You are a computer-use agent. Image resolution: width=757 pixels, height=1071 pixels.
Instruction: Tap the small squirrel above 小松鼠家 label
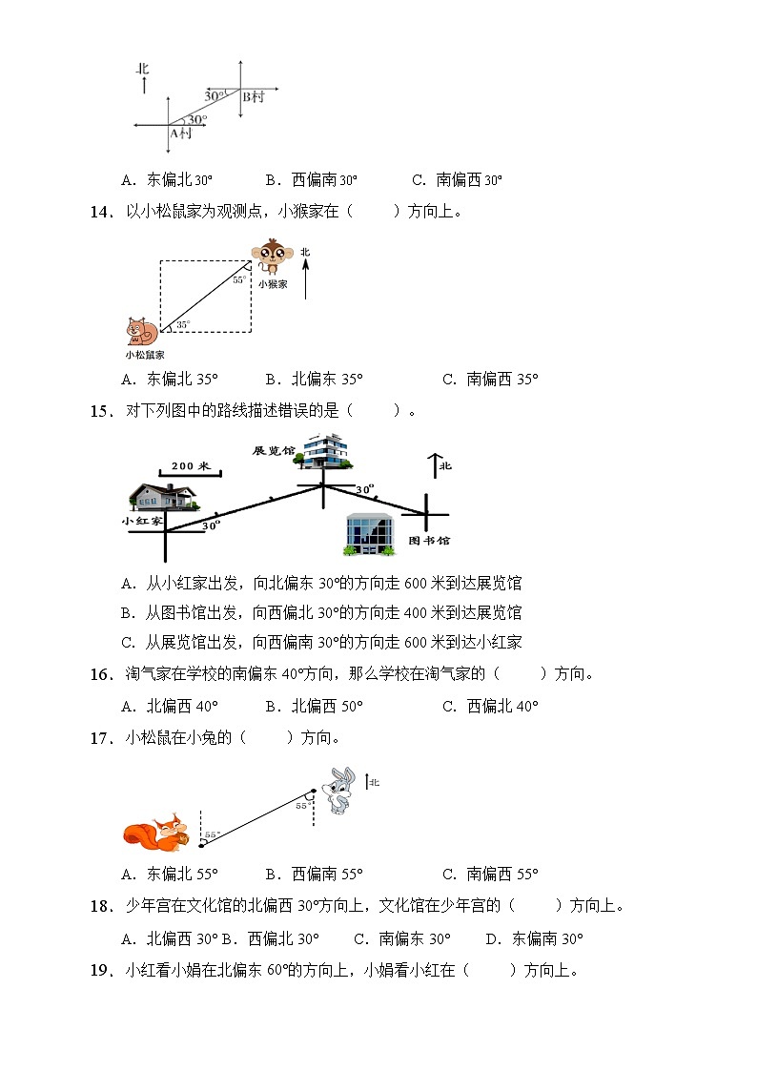click(x=141, y=331)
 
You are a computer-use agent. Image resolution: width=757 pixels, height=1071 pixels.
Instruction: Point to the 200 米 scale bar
click(x=191, y=468)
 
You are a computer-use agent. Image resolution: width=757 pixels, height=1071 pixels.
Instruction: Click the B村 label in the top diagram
click(x=253, y=97)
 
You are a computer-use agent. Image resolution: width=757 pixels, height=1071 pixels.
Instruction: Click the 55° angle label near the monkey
click(x=237, y=280)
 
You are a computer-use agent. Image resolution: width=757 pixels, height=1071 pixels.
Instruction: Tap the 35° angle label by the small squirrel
click(x=182, y=324)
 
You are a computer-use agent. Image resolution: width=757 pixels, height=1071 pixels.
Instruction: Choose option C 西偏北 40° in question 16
click(x=490, y=706)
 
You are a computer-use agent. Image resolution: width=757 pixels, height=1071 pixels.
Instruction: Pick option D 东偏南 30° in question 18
click(x=534, y=938)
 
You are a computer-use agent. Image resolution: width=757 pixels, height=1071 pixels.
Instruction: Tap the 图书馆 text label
click(x=428, y=540)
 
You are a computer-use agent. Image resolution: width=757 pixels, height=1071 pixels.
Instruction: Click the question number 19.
click(x=101, y=972)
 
